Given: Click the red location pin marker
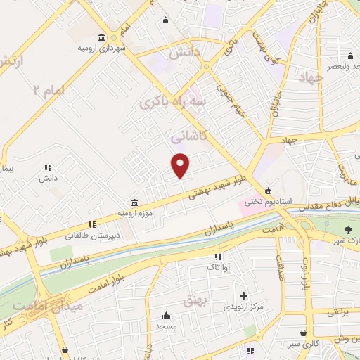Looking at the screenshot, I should (x=181, y=165).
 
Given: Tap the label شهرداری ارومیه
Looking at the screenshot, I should (x=103, y=49).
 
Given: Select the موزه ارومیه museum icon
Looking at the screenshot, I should (x=134, y=202).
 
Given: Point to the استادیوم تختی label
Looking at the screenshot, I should (x=267, y=201).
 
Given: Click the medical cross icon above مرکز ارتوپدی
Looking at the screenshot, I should (x=244, y=296).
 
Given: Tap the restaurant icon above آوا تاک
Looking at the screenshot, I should (x=218, y=257).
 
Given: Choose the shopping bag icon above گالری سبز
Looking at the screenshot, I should (x=302, y=332).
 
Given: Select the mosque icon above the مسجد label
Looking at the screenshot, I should (x=166, y=316).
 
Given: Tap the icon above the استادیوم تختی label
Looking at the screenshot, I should (x=267, y=191).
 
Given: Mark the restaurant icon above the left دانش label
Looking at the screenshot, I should (x=48, y=167).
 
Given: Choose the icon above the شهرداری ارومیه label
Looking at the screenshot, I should (x=103, y=37).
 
